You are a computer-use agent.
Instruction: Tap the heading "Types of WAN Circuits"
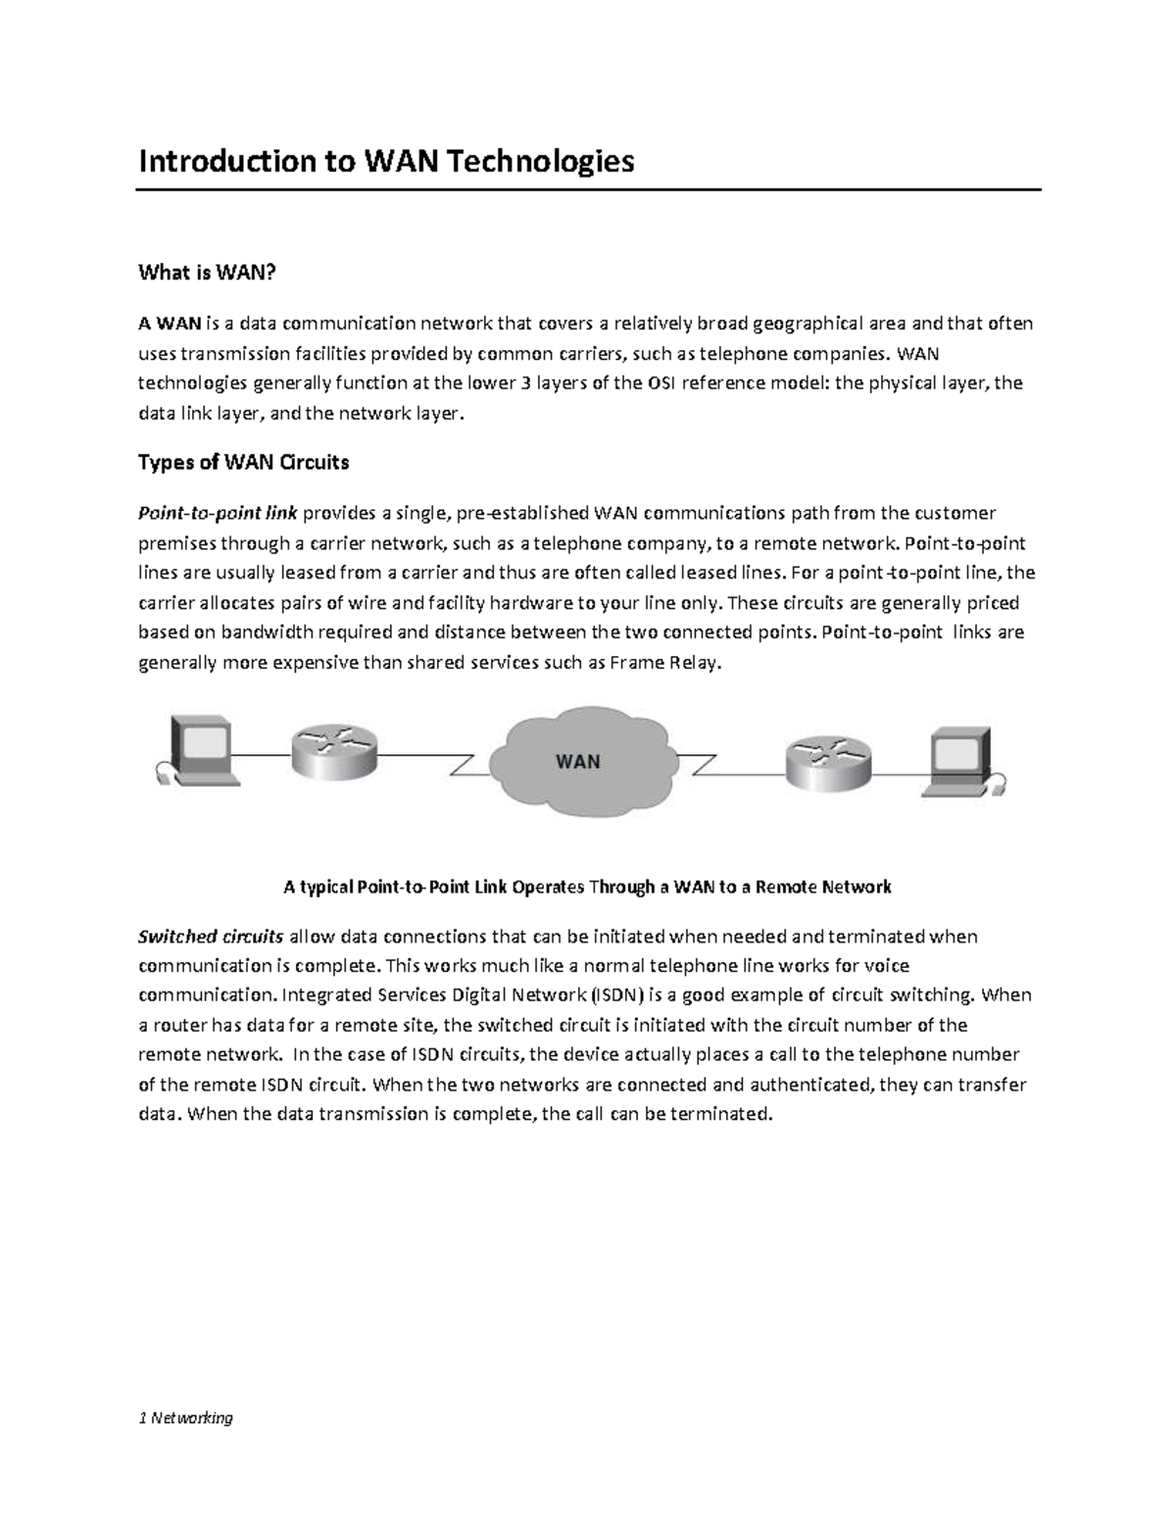click(x=243, y=461)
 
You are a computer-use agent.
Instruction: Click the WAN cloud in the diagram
click(x=578, y=759)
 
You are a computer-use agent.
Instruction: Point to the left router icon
click(x=333, y=754)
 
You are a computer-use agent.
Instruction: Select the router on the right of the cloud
click(x=827, y=756)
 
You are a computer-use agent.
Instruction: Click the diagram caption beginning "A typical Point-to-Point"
click(x=587, y=887)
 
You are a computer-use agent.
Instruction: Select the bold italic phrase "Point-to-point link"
click(x=218, y=513)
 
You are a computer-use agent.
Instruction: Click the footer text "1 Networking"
click(x=185, y=1417)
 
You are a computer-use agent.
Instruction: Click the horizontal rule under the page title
click(x=587, y=190)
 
